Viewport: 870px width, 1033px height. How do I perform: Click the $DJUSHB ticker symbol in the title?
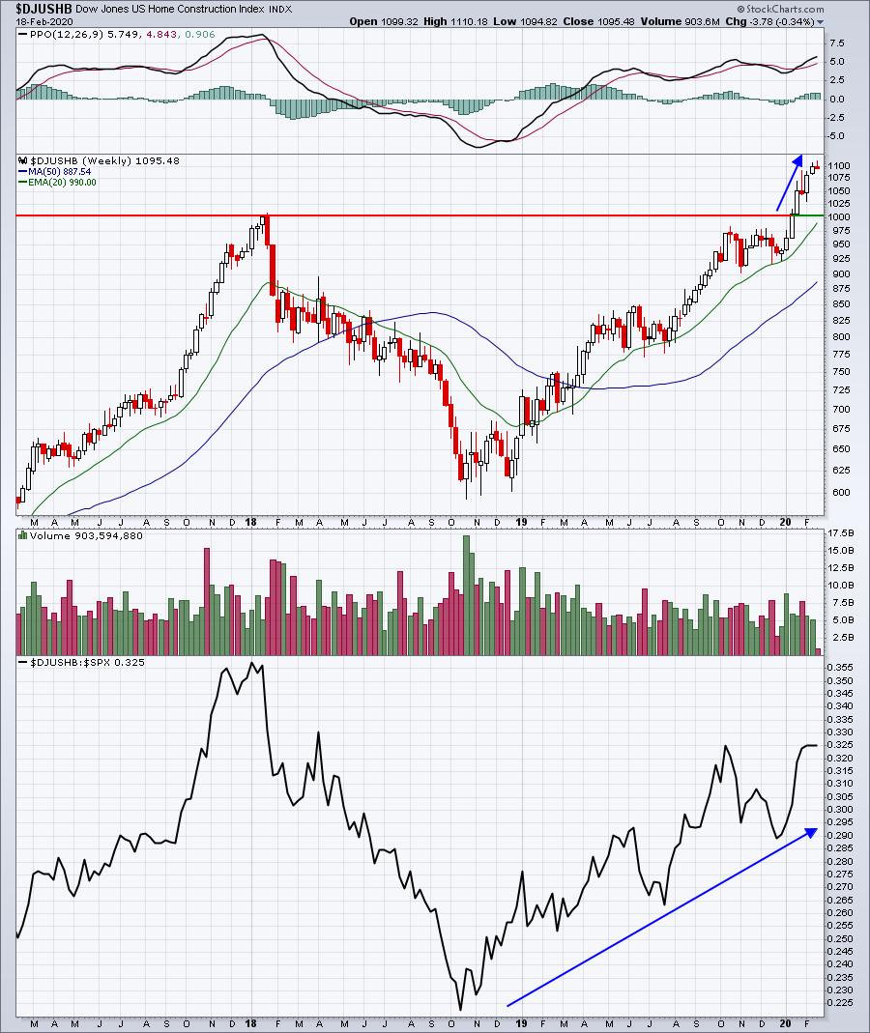pyautogui.click(x=36, y=8)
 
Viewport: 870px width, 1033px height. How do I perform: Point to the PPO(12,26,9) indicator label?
pyautogui.click(x=54, y=35)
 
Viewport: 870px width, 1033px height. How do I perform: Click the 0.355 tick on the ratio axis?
pyautogui.click(x=842, y=667)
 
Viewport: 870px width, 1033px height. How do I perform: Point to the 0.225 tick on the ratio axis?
pyautogui.click(x=842, y=1002)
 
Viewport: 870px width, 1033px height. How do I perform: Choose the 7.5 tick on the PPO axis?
pyautogui.click(x=837, y=43)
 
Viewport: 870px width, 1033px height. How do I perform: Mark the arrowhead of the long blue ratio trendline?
pyautogui.click(x=814, y=831)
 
